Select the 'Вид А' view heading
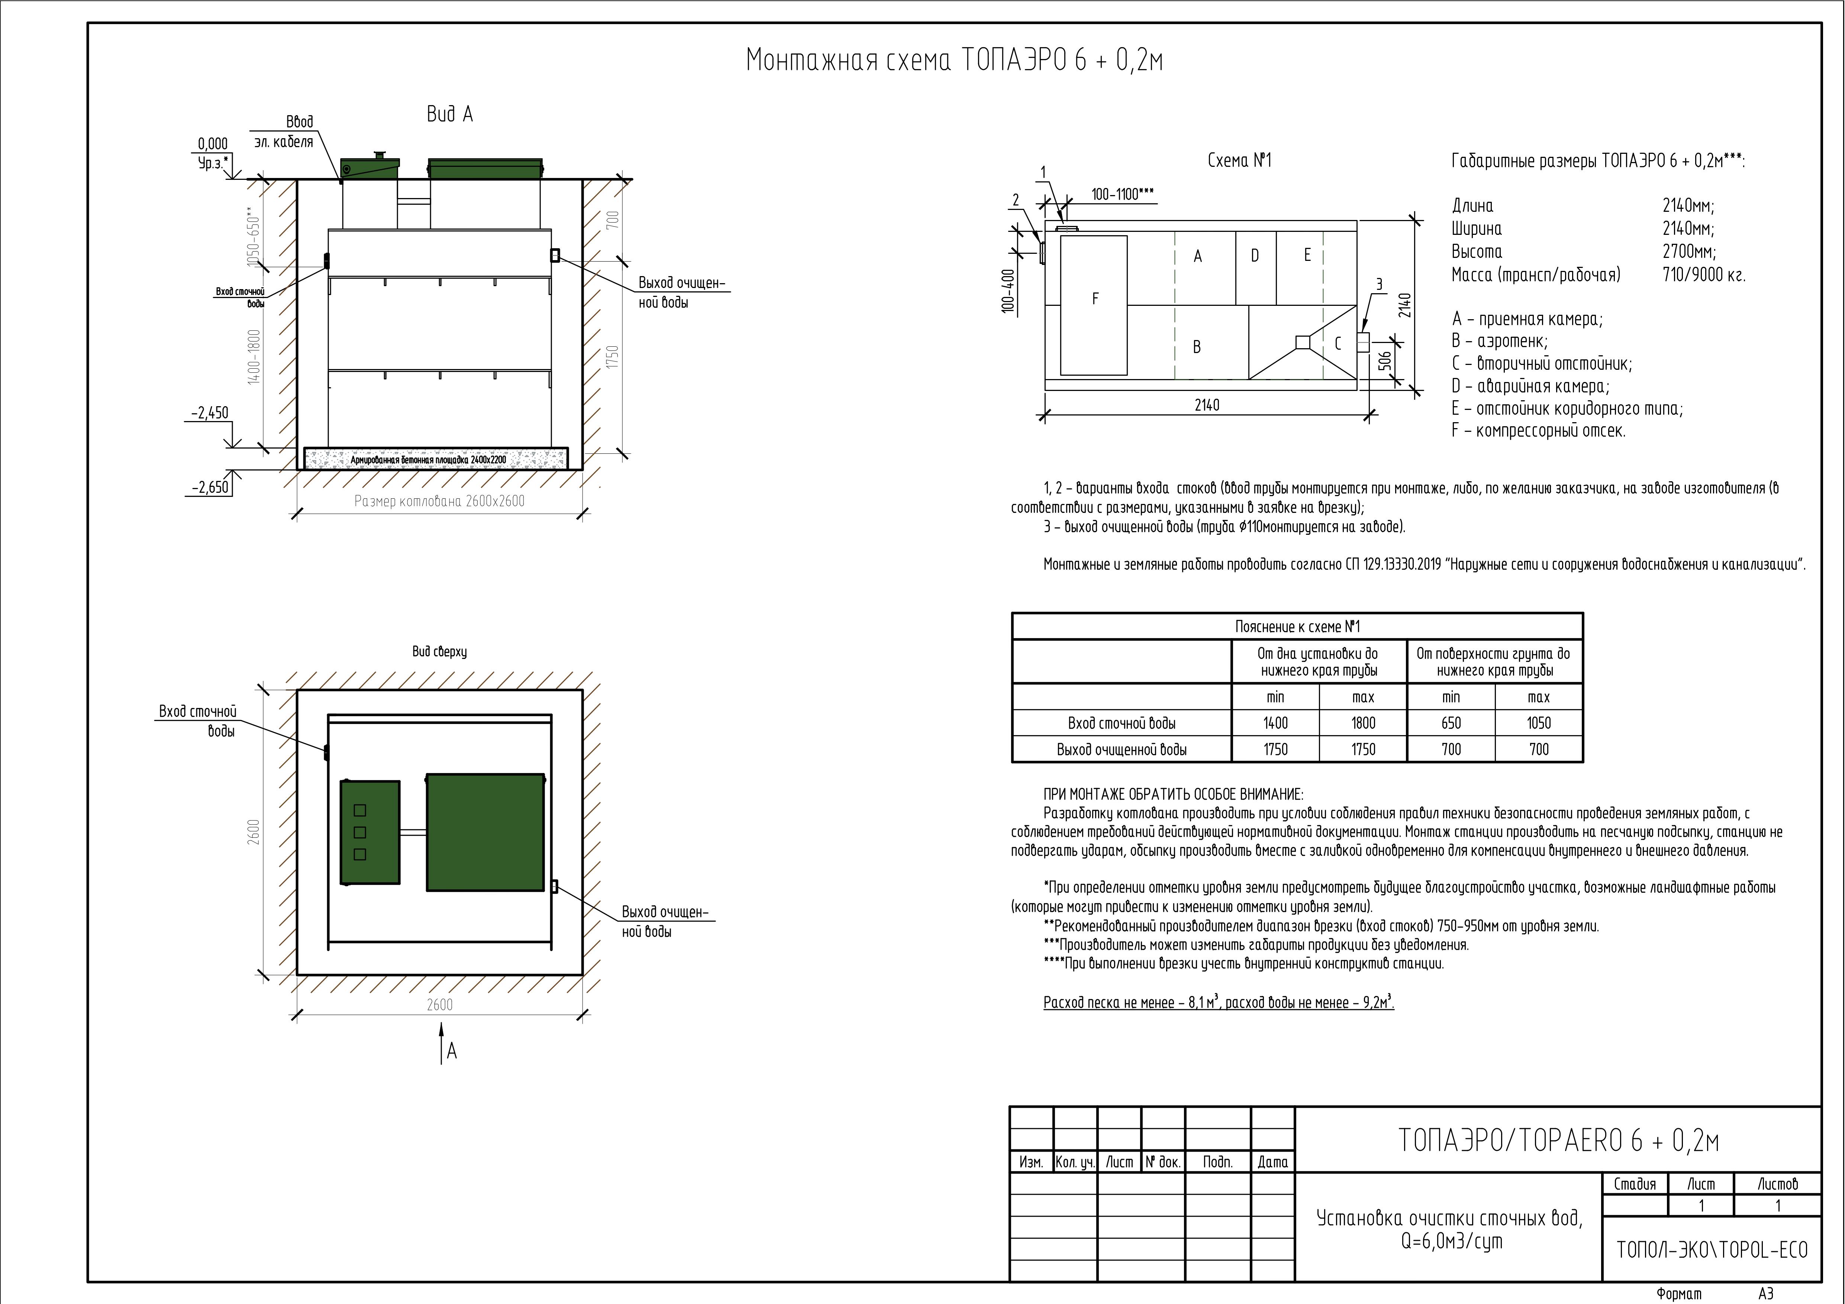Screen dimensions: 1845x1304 tap(450, 115)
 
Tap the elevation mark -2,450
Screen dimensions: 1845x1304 tap(210, 413)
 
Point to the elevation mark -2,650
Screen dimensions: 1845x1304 tap(210, 487)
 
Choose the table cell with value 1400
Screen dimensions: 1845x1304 tap(1275, 723)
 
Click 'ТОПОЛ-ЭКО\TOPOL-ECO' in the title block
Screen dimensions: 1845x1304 tap(1712, 1250)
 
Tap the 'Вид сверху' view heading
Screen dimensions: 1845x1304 tap(439, 651)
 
